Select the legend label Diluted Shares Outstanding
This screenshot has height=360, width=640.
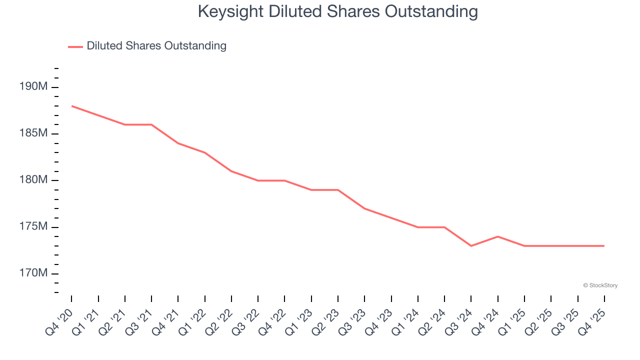coord(156,46)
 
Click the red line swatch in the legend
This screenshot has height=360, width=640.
coord(75,46)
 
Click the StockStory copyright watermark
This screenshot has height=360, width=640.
coord(600,285)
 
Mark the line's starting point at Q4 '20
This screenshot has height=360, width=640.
coord(71,106)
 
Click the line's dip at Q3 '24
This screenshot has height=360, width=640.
coord(471,246)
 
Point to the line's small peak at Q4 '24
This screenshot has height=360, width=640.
coord(498,236)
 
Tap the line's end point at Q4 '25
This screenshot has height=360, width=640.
coord(604,246)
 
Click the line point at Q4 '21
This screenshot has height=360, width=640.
coord(178,143)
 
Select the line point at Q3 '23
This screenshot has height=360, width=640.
coord(364,208)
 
